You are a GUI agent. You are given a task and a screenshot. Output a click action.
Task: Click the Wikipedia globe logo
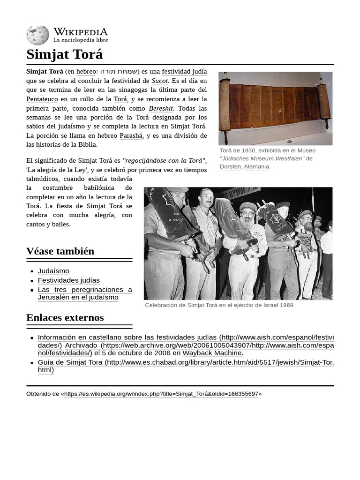coord(37,35)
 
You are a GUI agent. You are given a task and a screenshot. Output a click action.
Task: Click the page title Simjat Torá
coord(64,54)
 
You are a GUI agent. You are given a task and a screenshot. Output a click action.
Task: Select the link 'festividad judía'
coord(184,72)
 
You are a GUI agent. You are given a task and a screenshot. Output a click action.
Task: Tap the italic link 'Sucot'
coord(159,81)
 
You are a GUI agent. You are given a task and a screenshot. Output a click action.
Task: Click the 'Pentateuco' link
coord(42,99)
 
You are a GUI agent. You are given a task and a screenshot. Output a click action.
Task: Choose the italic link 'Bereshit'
coord(161,109)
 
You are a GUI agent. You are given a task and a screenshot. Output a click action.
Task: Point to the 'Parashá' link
coord(131,136)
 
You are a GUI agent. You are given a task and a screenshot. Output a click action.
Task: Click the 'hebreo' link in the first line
coord(86,72)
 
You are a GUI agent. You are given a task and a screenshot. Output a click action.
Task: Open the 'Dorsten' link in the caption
coord(230,166)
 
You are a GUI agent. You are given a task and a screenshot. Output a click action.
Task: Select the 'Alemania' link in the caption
coord(256,166)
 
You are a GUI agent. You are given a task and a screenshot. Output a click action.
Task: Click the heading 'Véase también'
coord(60,251)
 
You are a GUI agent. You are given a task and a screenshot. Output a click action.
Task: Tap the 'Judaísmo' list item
coord(53,271)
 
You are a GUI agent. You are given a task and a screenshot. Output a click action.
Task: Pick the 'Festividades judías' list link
coord(68,280)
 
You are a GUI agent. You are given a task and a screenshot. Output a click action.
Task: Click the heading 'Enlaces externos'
coord(65,318)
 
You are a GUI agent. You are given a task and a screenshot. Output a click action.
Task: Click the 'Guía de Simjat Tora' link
coord(70,362)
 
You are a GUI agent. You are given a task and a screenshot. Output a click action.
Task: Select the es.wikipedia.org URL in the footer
coord(161,394)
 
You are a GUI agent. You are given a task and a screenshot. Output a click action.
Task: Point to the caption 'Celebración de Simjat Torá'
coord(219,305)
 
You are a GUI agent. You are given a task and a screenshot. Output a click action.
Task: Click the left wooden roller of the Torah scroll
coord(225,107)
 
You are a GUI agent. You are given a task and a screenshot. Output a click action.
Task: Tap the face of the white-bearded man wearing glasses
coord(247,216)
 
